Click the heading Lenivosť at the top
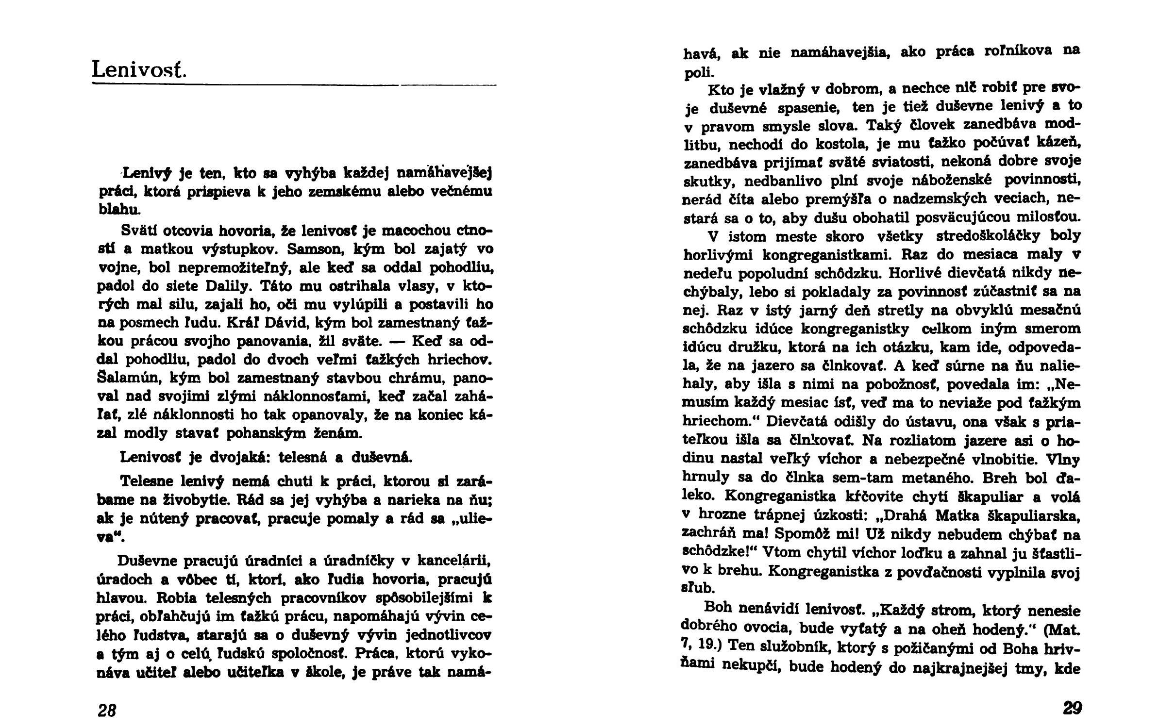click(x=139, y=70)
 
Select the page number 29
click(x=1072, y=708)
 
